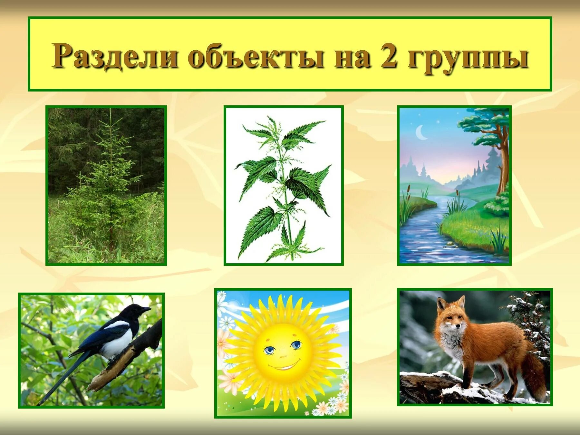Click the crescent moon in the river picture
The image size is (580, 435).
pos(421,132)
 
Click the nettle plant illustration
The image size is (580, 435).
pos(284,187)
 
